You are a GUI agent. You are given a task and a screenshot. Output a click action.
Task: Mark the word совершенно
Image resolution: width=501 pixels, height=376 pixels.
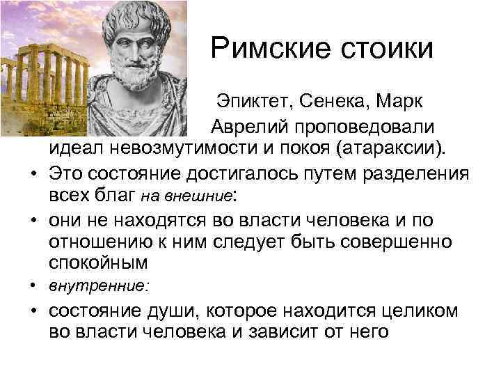[393, 243]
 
